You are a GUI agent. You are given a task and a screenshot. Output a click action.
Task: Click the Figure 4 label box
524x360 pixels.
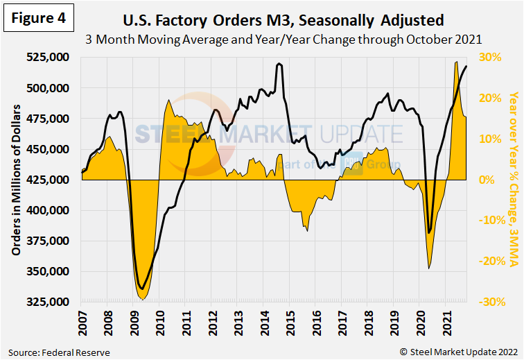click(x=38, y=19)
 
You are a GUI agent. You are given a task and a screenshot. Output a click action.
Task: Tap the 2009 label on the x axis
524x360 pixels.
click(x=134, y=321)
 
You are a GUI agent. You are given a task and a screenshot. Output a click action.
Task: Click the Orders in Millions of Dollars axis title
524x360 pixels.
click(x=15, y=180)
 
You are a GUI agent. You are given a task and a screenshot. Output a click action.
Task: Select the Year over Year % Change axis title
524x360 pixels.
click(x=513, y=180)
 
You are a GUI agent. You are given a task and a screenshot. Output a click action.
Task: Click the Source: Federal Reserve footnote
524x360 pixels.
click(x=59, y=352)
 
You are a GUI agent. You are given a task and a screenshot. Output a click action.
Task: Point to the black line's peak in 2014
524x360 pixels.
click(x=279, y=64)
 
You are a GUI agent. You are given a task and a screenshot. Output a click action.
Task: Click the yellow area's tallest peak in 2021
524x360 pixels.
click(x=455, y=62)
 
